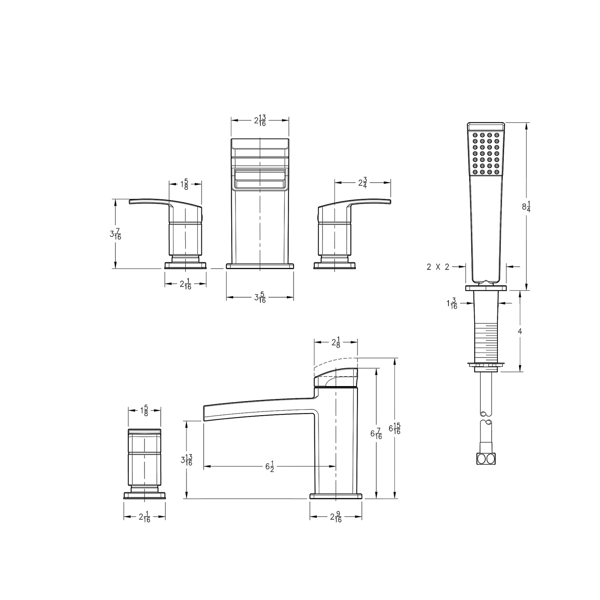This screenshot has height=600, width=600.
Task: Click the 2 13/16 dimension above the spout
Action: point(260,120)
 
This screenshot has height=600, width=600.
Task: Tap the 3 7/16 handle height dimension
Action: point(115,234)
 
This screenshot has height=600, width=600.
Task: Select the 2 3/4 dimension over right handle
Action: point(362,183)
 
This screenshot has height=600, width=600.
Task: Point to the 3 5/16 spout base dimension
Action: point(260,297)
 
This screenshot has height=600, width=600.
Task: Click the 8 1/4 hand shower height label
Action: point(526,206)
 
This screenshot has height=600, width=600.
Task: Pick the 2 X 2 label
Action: point(438,267)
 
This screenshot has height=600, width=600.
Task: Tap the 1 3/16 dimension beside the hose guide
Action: point(452,303)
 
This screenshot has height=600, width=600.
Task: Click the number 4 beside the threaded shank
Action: point(520,331)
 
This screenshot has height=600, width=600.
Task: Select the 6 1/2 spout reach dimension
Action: point(269,466)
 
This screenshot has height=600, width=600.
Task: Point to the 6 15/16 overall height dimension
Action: point(394,429)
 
